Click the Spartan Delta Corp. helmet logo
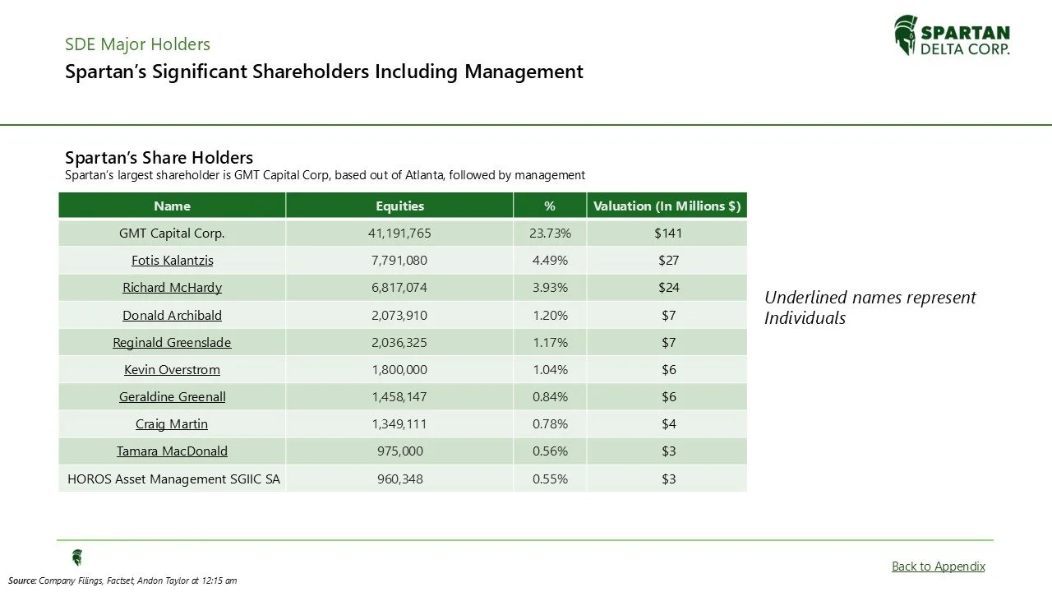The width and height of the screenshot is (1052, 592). (905, 35)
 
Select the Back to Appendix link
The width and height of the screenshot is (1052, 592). (938, 566)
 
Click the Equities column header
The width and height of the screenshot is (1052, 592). (399, 206)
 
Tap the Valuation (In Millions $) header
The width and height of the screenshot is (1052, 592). (667, 206)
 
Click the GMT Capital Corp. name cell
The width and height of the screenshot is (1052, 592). (172, 233)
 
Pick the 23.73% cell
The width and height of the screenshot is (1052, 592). (550, 233)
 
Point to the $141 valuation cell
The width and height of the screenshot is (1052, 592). (668, 233)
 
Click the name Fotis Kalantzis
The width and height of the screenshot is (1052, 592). (172, 260)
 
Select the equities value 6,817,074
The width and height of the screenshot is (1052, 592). (399, 288)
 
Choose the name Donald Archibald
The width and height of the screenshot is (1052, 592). (172, 315)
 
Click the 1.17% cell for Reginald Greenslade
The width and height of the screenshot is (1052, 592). (550, 342)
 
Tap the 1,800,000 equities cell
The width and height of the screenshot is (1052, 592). (399, 369)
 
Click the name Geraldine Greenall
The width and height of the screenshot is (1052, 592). (172, 396)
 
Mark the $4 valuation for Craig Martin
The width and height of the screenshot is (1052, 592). (668, 423)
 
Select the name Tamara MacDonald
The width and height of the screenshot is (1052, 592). (172, 451)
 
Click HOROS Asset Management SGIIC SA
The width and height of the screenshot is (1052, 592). (173, 479)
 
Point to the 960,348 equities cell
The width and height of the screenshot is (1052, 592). (399, 479)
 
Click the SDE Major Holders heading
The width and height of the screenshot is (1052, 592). (137, 44)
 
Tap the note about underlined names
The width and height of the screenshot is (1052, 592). (870, 308)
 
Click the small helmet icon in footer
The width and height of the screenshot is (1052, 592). (77, 558)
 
